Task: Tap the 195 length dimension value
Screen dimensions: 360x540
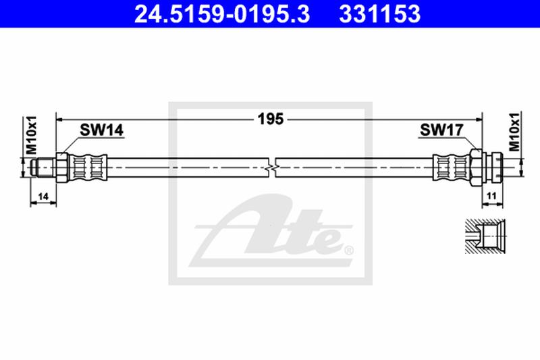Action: tap(270, 119)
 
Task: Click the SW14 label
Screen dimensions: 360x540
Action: tap(101, 131)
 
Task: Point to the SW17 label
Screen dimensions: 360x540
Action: tap(440, 131)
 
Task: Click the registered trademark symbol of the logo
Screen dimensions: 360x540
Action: tap(348, 251)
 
